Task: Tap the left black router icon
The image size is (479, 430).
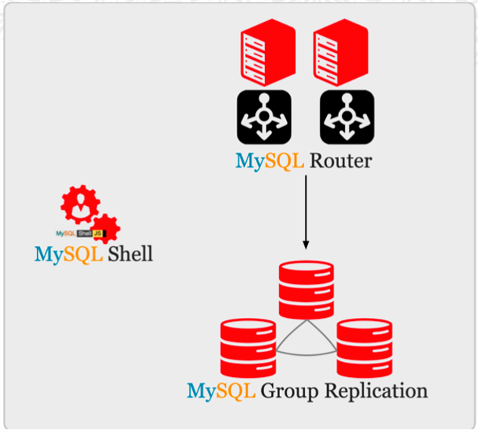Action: (264, 115)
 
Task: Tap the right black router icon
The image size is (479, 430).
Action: (347, 115)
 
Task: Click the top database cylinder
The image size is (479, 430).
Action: (306, 289)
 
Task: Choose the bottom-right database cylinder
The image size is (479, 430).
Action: (364, 348)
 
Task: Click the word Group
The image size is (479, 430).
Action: (290, 391)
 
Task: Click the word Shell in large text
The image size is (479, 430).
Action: (130, 253)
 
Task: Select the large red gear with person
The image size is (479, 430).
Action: (79, 204)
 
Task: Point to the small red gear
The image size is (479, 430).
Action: (107, 228)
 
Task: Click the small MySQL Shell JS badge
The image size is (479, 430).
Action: (79, 233)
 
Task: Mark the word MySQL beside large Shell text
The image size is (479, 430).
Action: (68, 253)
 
